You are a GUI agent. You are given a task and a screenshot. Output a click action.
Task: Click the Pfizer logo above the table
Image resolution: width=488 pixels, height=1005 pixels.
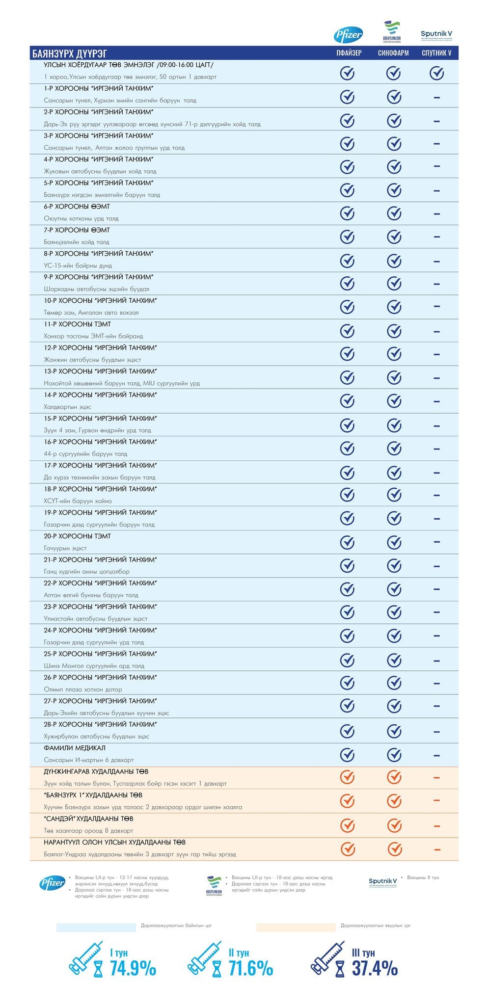348,34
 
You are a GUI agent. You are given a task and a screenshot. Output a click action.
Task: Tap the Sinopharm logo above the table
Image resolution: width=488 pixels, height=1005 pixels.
392,32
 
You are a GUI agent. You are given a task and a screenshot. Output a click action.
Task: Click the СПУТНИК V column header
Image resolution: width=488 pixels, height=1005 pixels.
436,53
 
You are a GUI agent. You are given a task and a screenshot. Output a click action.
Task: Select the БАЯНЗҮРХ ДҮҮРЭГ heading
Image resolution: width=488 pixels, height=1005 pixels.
69,53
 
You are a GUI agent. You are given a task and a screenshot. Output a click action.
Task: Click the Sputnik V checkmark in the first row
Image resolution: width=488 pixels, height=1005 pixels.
436,73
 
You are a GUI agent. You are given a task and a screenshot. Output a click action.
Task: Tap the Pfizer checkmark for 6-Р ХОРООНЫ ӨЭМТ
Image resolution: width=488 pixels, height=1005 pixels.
347,213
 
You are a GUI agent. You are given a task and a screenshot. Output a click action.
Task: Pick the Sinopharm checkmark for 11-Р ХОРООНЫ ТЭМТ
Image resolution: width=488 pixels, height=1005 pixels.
394,331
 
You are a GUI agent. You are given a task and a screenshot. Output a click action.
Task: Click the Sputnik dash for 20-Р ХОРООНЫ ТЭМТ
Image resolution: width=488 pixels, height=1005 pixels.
436,542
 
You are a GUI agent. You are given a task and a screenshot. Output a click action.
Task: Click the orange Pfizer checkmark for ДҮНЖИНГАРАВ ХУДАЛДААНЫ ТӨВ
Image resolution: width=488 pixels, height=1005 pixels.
347,777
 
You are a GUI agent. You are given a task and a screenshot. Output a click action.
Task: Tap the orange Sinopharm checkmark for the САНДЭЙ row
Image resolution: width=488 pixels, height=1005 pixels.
394,825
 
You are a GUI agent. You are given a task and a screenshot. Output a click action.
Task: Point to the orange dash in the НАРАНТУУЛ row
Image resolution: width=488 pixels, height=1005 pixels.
437,849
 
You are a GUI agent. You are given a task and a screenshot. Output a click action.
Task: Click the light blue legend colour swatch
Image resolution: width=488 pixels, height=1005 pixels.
96,927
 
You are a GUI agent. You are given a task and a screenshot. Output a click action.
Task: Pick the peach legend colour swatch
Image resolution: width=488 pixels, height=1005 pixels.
296,927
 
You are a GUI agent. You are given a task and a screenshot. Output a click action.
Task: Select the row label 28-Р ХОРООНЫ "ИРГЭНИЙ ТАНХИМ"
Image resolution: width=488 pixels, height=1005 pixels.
100,724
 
